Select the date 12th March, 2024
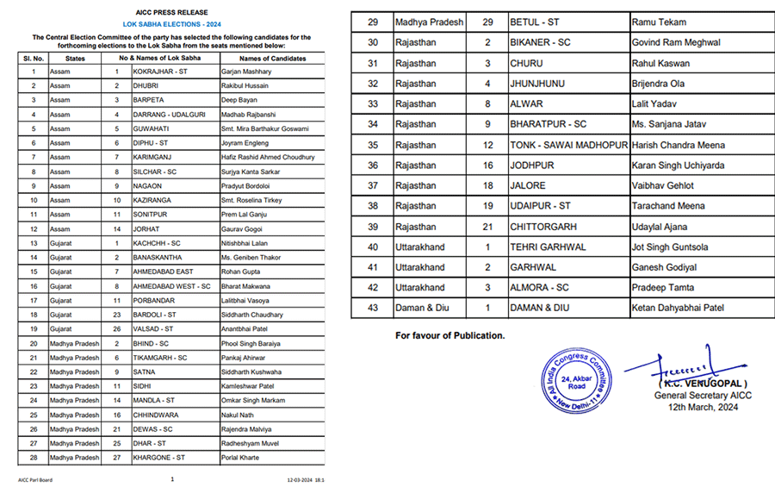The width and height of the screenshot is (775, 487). coord(703,407)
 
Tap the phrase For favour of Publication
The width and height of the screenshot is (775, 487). coord(449,334)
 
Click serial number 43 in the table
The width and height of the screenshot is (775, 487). coord(373,308)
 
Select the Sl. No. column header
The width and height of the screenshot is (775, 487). coord(33,58)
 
